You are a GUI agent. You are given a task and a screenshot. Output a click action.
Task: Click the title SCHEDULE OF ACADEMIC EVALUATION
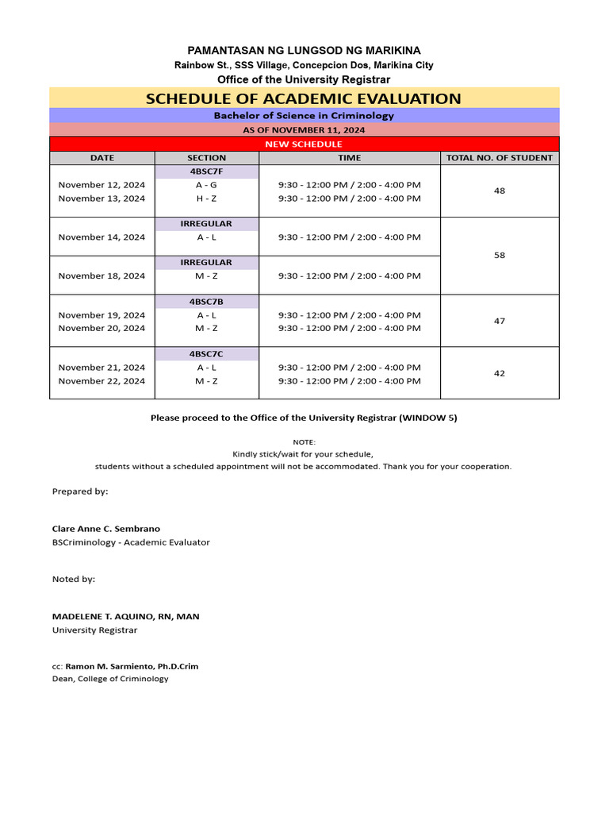(304, 98)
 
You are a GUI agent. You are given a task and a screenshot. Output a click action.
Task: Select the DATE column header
(102, 158)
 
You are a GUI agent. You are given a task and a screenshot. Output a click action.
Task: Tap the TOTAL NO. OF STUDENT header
(500, 158)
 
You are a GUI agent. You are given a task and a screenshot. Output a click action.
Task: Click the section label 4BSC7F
(206, 171)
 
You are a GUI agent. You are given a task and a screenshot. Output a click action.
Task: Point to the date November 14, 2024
(102, 237)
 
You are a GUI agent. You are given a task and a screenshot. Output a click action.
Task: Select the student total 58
(500, 256)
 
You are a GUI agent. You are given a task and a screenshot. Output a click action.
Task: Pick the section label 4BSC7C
(206, 353)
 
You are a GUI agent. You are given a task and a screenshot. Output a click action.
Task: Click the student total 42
(500, 373)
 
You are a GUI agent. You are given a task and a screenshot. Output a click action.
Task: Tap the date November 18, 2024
(102, 275)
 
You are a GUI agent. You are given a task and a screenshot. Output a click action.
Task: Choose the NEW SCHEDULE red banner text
(304, 144)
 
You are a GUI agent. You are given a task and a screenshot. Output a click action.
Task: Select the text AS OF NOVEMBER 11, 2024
(304, 129)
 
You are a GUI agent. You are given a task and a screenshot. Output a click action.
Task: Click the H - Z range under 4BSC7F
(206, 198)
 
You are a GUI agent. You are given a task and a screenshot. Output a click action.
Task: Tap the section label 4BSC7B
(206, 302)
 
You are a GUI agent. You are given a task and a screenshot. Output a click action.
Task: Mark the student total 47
(500, 321)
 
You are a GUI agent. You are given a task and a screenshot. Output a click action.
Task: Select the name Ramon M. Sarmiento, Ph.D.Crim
(132, 666)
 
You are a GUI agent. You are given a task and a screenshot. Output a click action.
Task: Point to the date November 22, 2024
(102, 381)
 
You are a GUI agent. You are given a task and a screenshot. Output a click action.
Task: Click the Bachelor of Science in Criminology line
(304, 115)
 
